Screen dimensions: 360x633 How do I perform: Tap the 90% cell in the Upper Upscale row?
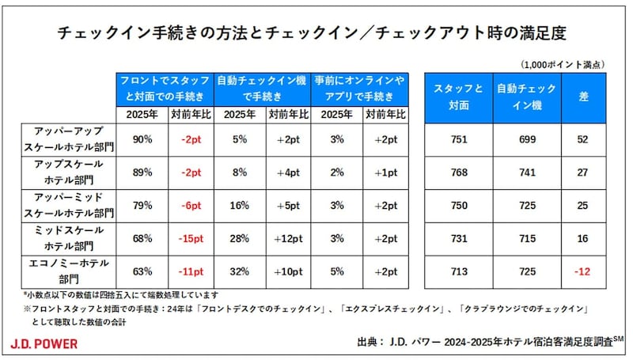pyautogui.click(x=142, y=140)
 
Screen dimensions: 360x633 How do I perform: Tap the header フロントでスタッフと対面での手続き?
pyautogui.click(x=165, y=89)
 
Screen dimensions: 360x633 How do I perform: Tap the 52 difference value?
pyautogui.click(x=584, y=140)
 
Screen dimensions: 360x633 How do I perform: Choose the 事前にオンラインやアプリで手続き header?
pyautogui.click(x=360, y=89)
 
